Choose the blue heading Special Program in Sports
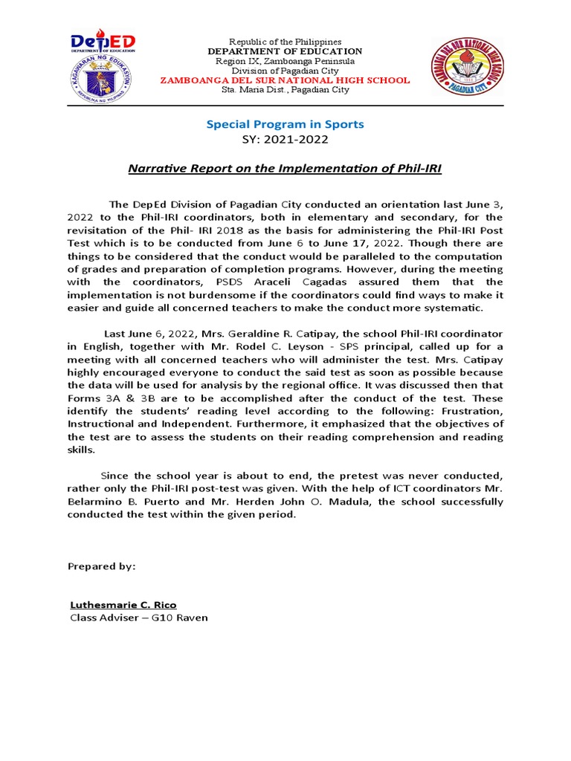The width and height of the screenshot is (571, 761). click(285, 124)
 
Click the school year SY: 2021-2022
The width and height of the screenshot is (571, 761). click(285, 139)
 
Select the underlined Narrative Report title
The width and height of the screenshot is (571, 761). click(285, 169)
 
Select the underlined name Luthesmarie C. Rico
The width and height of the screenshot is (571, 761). click(123, 604)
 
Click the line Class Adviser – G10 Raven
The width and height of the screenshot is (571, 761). click(139, 618)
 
